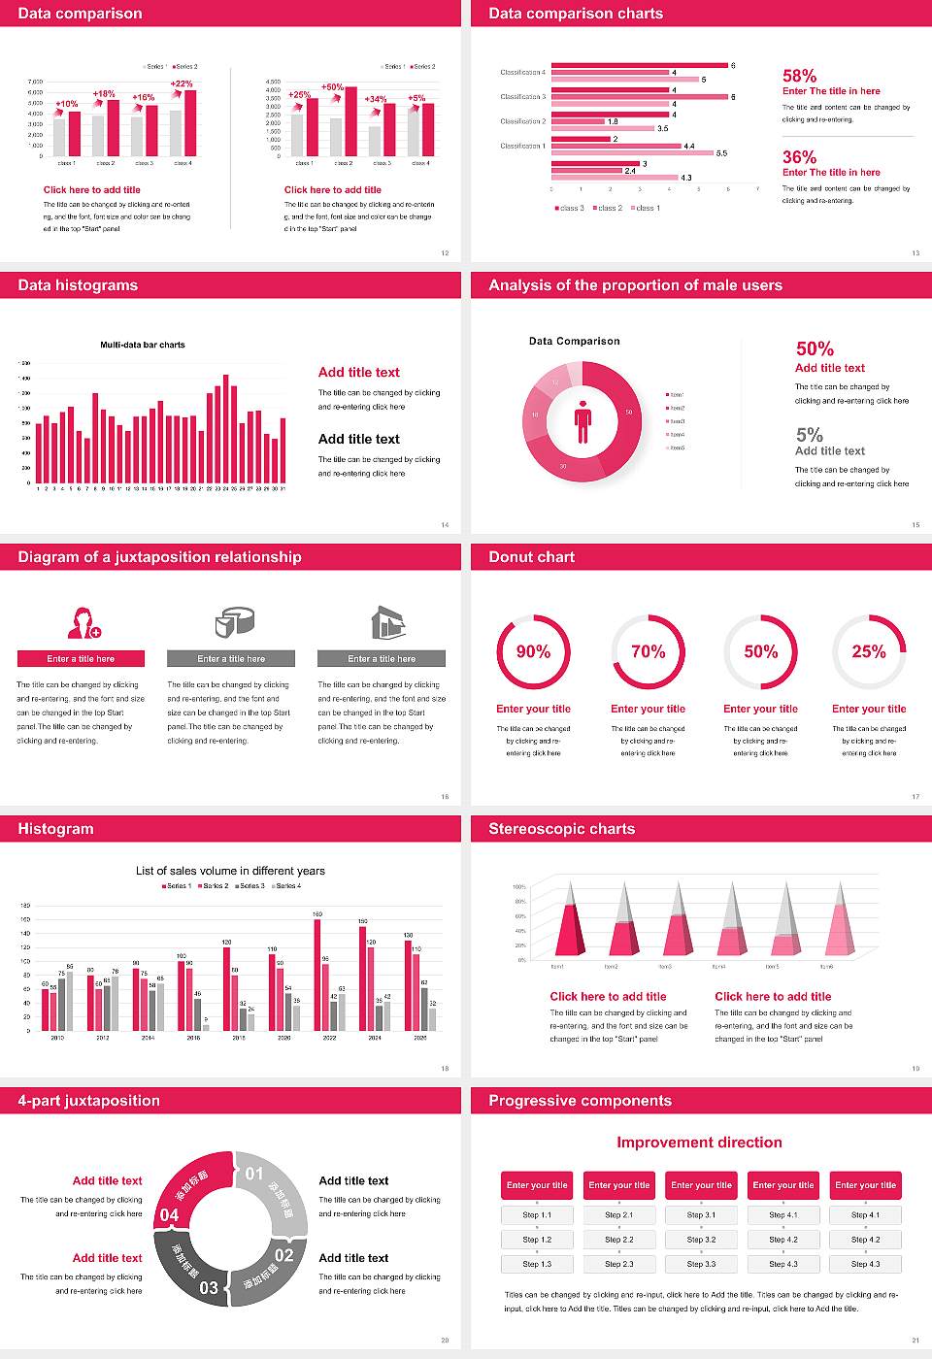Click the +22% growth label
tap(182, 84)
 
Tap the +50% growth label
tap(332, 87)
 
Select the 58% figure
tap(799, 76)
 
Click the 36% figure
tap(799, 157)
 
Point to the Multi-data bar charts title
tap(143, 345)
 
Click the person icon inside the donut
tap(582, 420)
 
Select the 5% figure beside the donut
tap(809, 435)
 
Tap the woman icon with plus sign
tap(83, 622)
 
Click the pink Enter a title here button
tap(82, 659)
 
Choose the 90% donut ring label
tap(533, 651)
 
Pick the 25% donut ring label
tap(869, 651)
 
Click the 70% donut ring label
tap(648, 651)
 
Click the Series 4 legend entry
tap(286, 886)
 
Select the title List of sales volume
tap(230, 871)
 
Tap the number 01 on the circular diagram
tap(254, 1174)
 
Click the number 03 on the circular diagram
tap(209, 1288)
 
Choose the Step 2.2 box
tap(619, 1240)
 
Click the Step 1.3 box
tap(537, 1264)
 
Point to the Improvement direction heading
tap(699, 1143)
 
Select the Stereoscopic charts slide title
tap(561, 829)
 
